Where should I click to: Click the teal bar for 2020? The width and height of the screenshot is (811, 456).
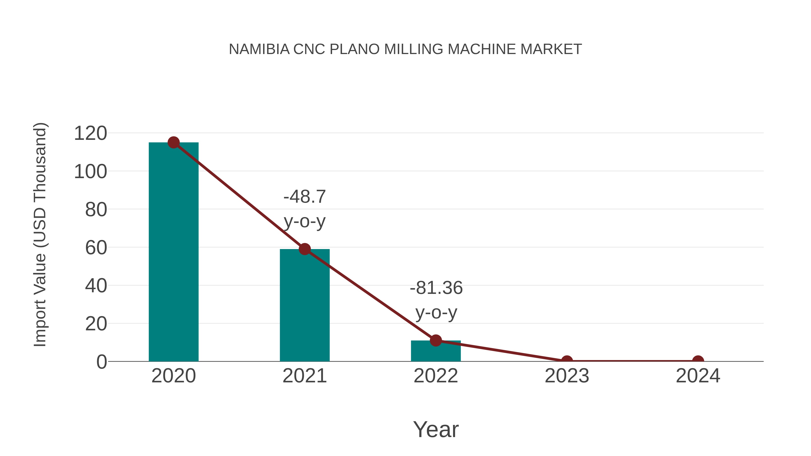point(173,252)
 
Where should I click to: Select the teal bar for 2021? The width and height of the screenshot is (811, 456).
point(304,305)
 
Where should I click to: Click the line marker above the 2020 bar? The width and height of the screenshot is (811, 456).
point(173,143)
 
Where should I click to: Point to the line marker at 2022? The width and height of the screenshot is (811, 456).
point(436,340)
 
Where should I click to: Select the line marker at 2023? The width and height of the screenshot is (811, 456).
point(567,361)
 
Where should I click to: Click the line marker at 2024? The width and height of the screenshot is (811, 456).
point(698,361)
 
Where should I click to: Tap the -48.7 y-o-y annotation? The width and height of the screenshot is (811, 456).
point(304,209)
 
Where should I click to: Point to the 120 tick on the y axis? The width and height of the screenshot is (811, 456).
point(90,134)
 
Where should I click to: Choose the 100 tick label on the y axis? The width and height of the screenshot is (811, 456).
point(90,172)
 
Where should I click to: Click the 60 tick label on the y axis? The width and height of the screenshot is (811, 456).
point(96,248)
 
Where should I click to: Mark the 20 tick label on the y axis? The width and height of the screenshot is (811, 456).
point(96,324)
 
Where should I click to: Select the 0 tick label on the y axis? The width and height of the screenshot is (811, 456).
point(102,362)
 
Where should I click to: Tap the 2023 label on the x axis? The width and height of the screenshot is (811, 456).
point(567,376)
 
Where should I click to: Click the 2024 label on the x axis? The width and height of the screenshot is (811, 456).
point(698,376)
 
